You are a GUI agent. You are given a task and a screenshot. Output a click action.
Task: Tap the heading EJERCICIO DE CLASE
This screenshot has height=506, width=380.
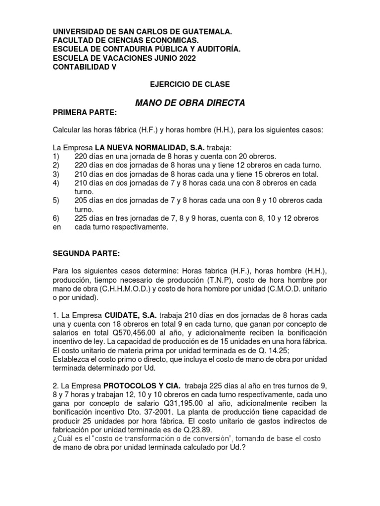[x=190, y=84]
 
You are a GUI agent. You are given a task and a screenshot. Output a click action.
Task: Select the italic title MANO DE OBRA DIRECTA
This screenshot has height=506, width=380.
[x=190, y=103]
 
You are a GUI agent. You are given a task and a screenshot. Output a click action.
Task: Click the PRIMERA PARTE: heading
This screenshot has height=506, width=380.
[x=85, y=113]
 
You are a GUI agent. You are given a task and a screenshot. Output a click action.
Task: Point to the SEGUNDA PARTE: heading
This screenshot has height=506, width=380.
[x=86, y=253]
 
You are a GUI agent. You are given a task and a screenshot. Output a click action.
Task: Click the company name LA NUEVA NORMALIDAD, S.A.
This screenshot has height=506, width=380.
[x=149, y=147]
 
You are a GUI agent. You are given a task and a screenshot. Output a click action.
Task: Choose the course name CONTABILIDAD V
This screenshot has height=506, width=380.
[x=85, y=67]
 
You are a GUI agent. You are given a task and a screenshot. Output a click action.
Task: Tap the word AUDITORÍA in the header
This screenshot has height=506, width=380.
[x=219, y=49]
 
